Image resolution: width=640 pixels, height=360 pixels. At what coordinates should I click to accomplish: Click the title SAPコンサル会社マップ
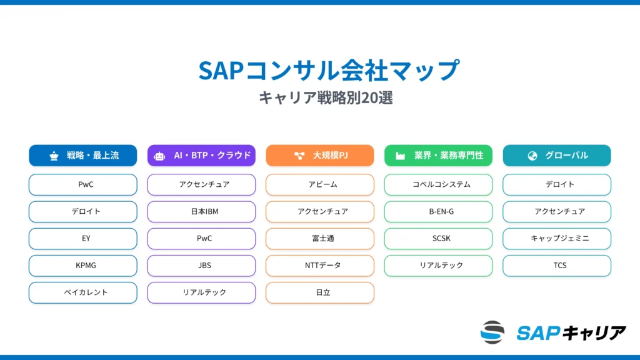(329, 70)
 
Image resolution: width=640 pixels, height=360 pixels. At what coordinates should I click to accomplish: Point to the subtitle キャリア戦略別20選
(326, 98)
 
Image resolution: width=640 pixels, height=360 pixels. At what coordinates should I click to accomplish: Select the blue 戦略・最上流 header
(82, 156)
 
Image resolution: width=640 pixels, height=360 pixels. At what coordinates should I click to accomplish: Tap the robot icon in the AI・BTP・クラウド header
(160, 156)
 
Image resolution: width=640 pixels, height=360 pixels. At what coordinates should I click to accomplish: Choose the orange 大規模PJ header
(319, 156)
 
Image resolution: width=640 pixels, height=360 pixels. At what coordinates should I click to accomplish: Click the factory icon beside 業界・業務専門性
(400, 156)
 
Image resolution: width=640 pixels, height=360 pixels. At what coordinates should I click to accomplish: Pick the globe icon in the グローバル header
(532, 156)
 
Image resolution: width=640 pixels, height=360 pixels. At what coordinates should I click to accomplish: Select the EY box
(82, 239)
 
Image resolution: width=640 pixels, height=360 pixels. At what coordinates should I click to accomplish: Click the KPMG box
(82, 266)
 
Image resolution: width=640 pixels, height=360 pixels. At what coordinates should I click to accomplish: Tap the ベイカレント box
(82, 292)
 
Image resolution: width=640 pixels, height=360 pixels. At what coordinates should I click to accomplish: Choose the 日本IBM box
(201, 212)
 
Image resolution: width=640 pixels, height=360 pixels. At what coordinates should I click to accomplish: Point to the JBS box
(201, 266)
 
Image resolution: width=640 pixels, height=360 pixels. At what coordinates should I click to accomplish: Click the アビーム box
(319, 185)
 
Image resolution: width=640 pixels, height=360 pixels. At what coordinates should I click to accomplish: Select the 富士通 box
(319, 239)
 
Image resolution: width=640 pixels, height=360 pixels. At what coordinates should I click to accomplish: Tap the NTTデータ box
(319, 266)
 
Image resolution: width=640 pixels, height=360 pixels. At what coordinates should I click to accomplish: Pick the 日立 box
(319, 292)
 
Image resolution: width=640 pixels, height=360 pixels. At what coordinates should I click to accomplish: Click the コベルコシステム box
(438, 185)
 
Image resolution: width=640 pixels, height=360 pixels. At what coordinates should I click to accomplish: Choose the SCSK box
(438, 239)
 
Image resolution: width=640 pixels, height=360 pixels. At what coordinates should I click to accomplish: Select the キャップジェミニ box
(557, 239)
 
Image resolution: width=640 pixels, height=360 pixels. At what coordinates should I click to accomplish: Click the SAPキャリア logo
(553, 332)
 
